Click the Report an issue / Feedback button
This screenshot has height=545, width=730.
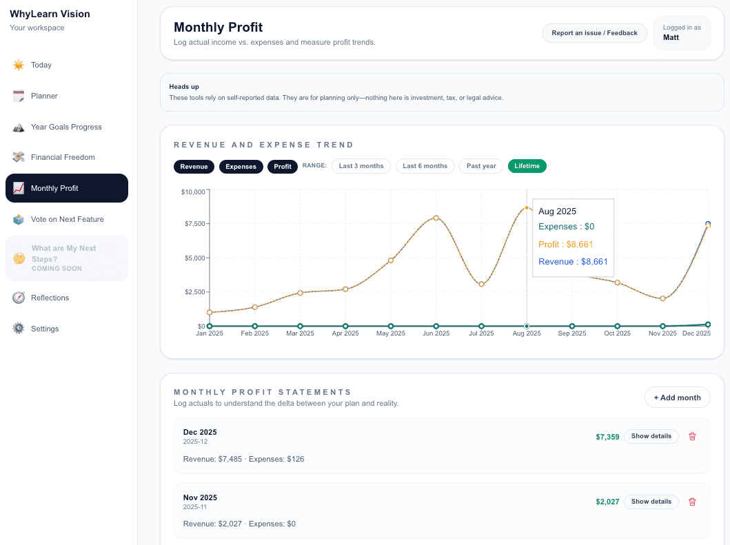(x=594, y=33)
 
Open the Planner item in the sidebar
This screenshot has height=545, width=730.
(x=44, y=96)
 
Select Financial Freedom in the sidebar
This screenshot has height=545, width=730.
(x=63, y=157)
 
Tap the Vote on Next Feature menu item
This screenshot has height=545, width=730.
(x=67, y=219)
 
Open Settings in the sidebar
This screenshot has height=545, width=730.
(x=45, y=329)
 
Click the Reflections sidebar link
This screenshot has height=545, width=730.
(x=50, y=298)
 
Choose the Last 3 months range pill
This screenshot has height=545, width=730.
(x=361, y=166)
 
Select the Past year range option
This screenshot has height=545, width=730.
(x=481, y=166)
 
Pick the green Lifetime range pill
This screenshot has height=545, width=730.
(x=527, y=166)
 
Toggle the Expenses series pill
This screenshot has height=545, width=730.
(x=241, y=167)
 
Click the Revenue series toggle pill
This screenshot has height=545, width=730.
(x=194, y=167)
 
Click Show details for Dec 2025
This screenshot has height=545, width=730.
(x=651, y=436)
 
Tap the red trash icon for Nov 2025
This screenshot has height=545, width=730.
(x=692, y=502)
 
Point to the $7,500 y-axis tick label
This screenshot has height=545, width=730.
(x=192, y=224)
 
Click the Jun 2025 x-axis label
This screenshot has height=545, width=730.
(x=436, y=333)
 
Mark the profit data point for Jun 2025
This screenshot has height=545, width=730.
(x=436, y=218)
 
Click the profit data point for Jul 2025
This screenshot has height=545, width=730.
(x=481, y=284)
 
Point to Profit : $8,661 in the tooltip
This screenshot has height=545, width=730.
(x=565, y=244)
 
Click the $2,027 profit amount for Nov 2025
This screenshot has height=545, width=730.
(x=607, y=502)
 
